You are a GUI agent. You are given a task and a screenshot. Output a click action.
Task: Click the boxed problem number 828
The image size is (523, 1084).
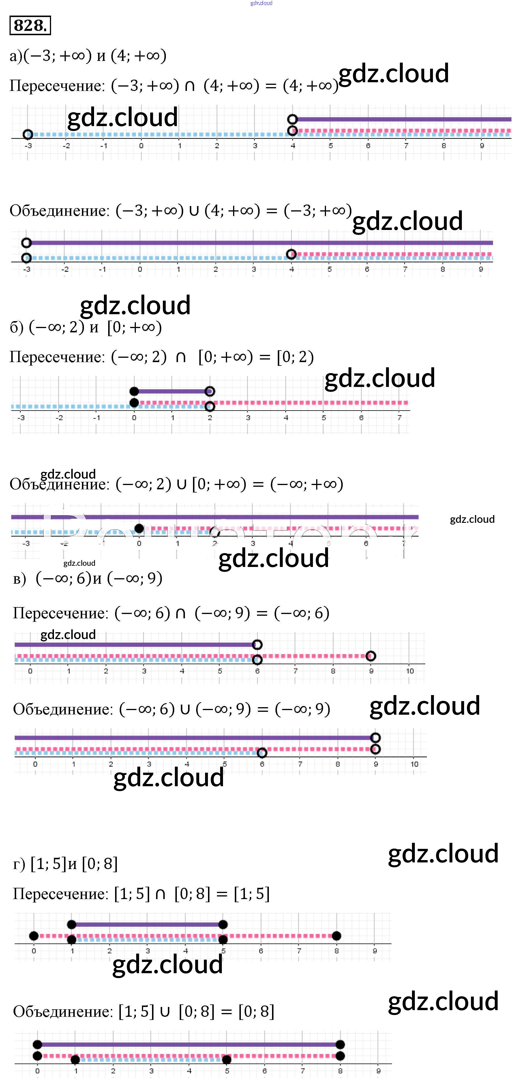(30, 25)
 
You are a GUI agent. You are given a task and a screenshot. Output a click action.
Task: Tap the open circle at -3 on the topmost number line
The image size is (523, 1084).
(28, 134)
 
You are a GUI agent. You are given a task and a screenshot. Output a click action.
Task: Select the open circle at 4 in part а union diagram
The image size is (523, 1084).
(291, 254)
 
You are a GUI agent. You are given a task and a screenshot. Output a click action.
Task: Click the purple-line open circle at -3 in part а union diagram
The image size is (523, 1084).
(27, 243)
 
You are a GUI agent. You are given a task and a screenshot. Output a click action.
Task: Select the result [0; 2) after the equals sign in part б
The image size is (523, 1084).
(295, 357)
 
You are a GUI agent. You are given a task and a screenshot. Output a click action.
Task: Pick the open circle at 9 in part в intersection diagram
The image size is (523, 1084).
(371, 656)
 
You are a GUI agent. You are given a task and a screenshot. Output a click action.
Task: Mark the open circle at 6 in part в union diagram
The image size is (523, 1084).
(262, 752)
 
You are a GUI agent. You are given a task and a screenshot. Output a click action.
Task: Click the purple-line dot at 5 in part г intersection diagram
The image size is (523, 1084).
(223, 924)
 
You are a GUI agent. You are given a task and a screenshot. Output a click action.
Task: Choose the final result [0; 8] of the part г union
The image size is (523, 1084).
(256, 1011)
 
